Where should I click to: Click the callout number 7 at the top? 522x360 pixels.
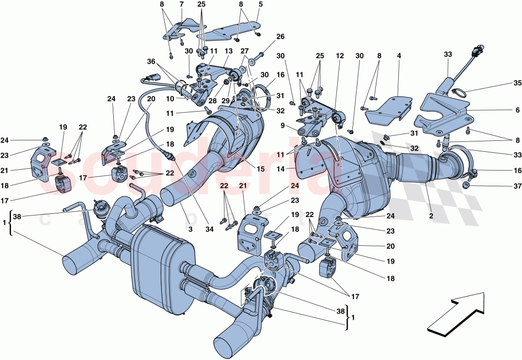181,4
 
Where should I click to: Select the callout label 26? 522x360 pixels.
280,37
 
